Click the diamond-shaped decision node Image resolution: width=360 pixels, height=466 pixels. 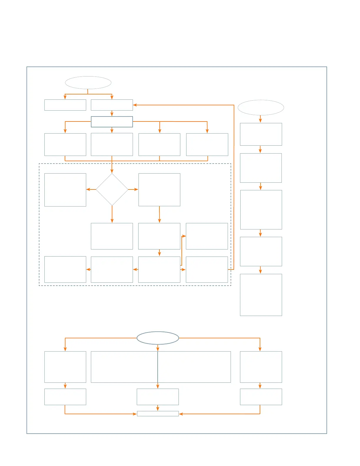coord(112,189)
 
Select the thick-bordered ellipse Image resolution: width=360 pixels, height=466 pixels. coord(158,338)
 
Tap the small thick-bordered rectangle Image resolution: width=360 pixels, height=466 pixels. coord(112,122)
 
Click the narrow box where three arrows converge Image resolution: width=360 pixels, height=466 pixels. coord(158,414)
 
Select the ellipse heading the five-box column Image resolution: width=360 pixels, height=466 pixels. coord(261,108)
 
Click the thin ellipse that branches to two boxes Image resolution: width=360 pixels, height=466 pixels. coord(88,83)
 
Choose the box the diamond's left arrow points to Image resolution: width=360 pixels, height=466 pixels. coord(65,190)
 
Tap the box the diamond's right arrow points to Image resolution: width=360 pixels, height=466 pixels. coord(159,190)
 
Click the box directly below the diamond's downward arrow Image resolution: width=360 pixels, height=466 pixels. coord(112,236)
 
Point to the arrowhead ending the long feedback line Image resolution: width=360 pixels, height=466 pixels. coord(135,105)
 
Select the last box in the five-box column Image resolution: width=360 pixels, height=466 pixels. coord(261,295)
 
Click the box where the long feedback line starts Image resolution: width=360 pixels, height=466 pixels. coord(207,269)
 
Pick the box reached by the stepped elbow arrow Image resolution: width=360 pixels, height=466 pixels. coord(207,236)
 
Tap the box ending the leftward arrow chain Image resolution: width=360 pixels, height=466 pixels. coord(65,269)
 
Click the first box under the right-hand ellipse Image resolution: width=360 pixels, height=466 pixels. coord(261,134)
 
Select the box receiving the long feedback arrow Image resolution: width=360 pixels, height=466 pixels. coord(112,105)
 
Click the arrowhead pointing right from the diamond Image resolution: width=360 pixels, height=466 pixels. coord(136,189)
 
